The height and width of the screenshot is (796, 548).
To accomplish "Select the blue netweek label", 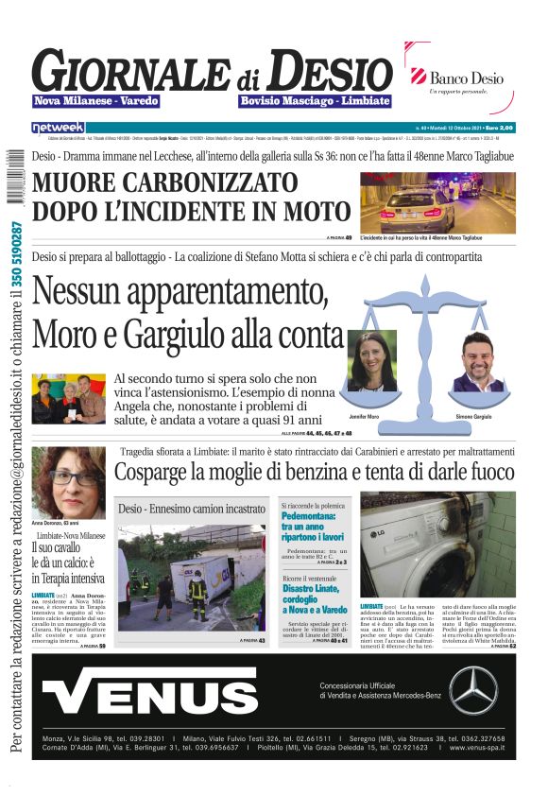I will tap(58, 127).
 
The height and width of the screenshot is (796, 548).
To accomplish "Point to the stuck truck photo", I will tap(191, 578).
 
